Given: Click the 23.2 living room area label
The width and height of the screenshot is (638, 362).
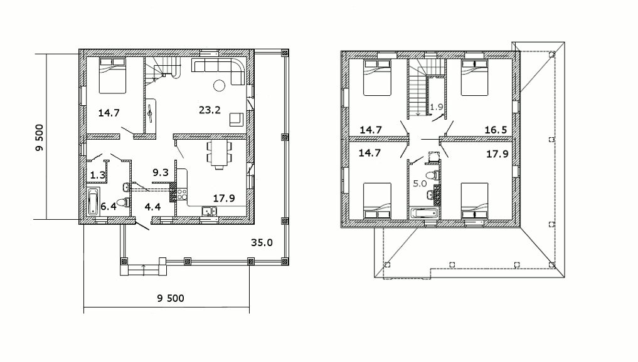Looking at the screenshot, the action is point(210,110).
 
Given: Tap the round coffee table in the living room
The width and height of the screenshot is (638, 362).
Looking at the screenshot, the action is point(220,85).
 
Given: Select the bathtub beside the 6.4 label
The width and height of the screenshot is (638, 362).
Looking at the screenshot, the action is point(93,202).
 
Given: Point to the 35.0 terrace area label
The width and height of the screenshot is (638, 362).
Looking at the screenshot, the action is point(262,242).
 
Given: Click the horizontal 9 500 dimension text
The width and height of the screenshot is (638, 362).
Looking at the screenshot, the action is point(171,298).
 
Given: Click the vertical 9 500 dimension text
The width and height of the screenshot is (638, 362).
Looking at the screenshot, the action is point(39,138).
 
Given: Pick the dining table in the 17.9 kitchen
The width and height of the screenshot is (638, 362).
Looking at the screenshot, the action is point(220,155).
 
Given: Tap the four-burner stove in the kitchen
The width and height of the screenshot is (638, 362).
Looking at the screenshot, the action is point(182,195).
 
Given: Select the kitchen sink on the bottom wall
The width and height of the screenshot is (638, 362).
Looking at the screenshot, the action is point(210,211).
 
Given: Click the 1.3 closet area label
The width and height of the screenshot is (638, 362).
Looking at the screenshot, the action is point(98,175).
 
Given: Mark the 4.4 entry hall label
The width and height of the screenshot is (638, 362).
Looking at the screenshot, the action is point(152,207).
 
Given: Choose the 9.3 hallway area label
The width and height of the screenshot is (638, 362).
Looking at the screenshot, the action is point(161,172).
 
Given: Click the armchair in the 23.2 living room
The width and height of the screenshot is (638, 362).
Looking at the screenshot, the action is point(237,119).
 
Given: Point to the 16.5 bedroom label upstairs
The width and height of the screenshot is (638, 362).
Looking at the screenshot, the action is point(496,130).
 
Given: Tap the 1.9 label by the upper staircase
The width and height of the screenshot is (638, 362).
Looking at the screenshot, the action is point(437,107).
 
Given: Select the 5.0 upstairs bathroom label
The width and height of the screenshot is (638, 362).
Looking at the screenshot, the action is point(420,184).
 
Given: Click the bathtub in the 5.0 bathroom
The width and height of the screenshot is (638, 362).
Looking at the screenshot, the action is point(424,213).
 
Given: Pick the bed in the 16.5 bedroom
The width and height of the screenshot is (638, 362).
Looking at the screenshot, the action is point(474,78).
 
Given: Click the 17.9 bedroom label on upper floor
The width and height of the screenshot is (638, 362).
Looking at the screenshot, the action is point(497,154).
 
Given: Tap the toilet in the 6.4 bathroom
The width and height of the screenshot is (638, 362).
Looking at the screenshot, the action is point(123,202).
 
